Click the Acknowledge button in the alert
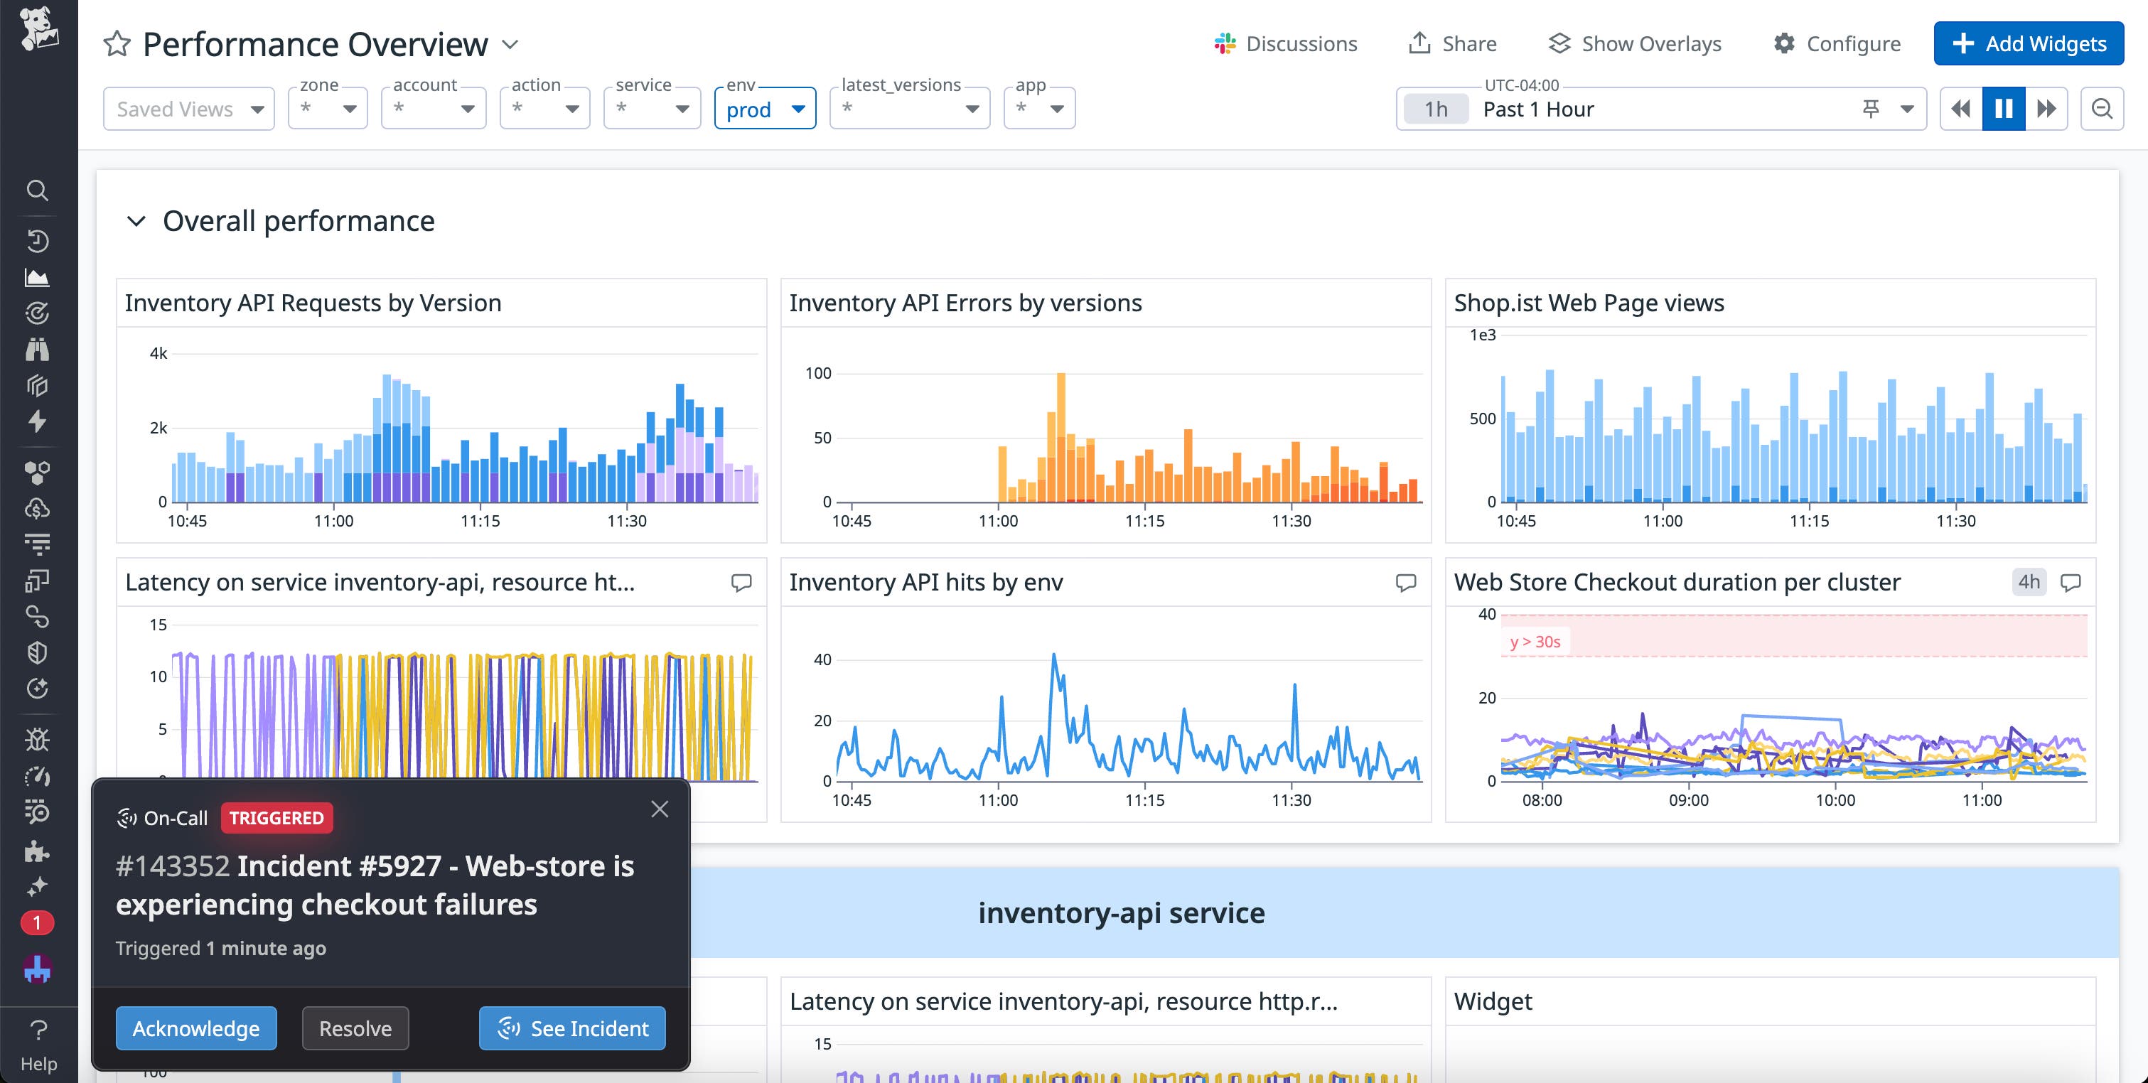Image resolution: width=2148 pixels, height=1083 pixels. [196, 1028]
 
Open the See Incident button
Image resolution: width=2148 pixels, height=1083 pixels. [572, 1028]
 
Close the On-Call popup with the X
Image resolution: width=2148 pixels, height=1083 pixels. [660, 809]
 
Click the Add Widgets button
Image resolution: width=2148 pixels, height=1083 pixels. [2028, 43]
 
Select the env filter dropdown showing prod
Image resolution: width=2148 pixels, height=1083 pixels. [765, 109]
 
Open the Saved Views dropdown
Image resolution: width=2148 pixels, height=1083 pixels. [188, 109]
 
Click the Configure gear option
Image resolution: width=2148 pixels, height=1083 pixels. [1837, 43]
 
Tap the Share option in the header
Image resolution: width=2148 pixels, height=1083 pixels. [1453, 43]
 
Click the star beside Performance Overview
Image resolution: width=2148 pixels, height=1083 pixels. [117, 44]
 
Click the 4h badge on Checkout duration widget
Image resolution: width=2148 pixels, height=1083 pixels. [2029, 582]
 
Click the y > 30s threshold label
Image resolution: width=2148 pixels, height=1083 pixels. [1535, 641]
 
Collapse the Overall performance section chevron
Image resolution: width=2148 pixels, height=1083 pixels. [136, 221]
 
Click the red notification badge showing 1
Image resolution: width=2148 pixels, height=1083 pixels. [37, 922]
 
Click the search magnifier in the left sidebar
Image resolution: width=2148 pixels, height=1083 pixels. [37, 190]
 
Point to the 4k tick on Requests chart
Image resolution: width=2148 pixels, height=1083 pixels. [159, 353]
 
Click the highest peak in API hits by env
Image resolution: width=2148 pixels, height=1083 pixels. [1054, 656]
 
